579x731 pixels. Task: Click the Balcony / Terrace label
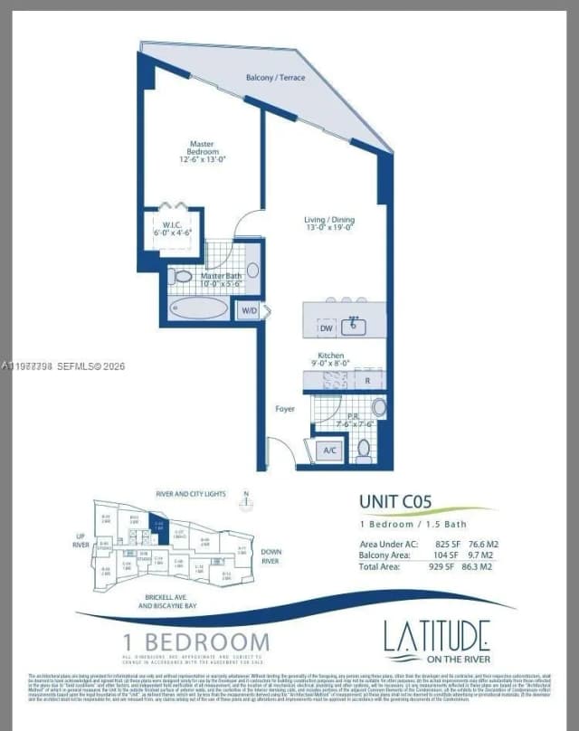276,78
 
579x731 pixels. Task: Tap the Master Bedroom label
201,151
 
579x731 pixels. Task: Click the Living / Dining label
329,223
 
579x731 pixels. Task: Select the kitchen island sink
352,326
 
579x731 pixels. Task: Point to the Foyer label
285,409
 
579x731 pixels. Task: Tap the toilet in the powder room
364,447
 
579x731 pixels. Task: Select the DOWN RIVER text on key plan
271,555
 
